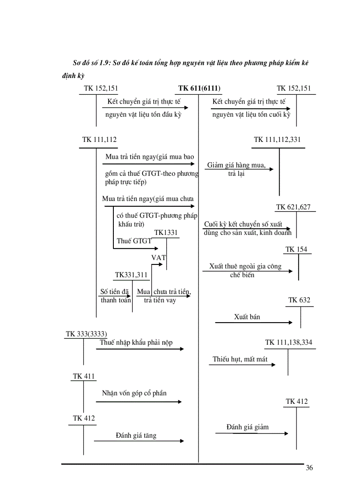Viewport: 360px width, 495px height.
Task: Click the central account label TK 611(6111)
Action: pyautogui.click(x=199, y=88)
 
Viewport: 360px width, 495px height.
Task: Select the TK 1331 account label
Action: pyautogui.click(x=166, y=232)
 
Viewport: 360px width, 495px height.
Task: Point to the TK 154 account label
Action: pyautogui.click(x=296, y=249)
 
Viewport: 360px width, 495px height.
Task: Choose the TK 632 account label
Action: pyautogui.click(x=299, y=301)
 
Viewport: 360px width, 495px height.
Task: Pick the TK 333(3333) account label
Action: pyautogui.click(x=86, y=334)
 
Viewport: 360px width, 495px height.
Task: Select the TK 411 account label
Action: pyautogui.click(x=84, y=376)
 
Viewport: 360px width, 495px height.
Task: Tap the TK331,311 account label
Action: pyautogui.click(x=131, y=275)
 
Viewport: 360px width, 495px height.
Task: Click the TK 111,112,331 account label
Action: pyautogui.click(x=277, y=140)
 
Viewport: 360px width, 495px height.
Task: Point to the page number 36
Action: pyautogui.click(x=309, y=468)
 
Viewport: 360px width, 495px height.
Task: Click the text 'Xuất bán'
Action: pyautogui.click(x=247, y=316)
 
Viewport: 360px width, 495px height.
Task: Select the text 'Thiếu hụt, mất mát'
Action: pyautogui.click(x=240, y=359)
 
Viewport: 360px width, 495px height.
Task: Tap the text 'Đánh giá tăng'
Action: pyautogui.click(x=136, y=435)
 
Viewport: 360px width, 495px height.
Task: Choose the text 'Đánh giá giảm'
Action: pyautogui.click(x=247, y=427)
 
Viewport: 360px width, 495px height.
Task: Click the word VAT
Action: pyautogui.click(x=158, y=257)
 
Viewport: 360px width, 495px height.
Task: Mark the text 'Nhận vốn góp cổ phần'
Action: pyautogui.click(x=134, y=393)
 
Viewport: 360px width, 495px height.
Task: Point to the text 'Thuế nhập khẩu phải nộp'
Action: pyautogui.click(x=136, y=342)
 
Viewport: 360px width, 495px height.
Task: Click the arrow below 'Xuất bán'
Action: pyautogui.click(x=254, y=323)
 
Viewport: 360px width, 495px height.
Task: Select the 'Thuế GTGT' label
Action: pyautogui.click(x=134, y=241)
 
